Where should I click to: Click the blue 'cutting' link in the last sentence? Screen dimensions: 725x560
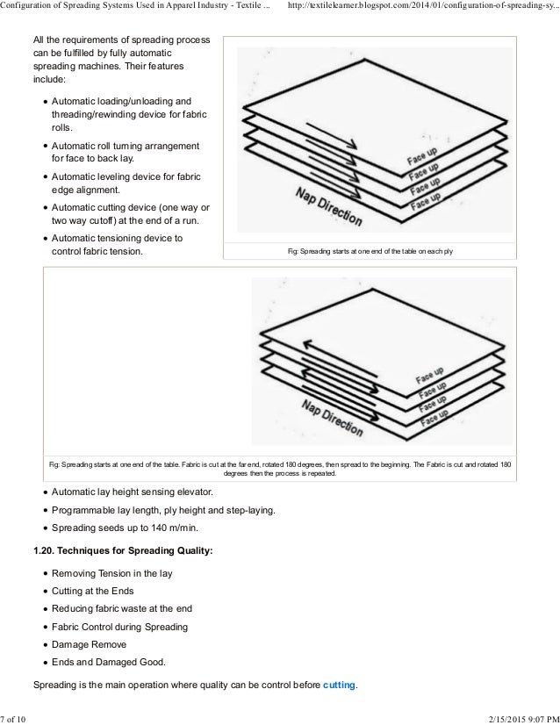[x=339, y=684]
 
